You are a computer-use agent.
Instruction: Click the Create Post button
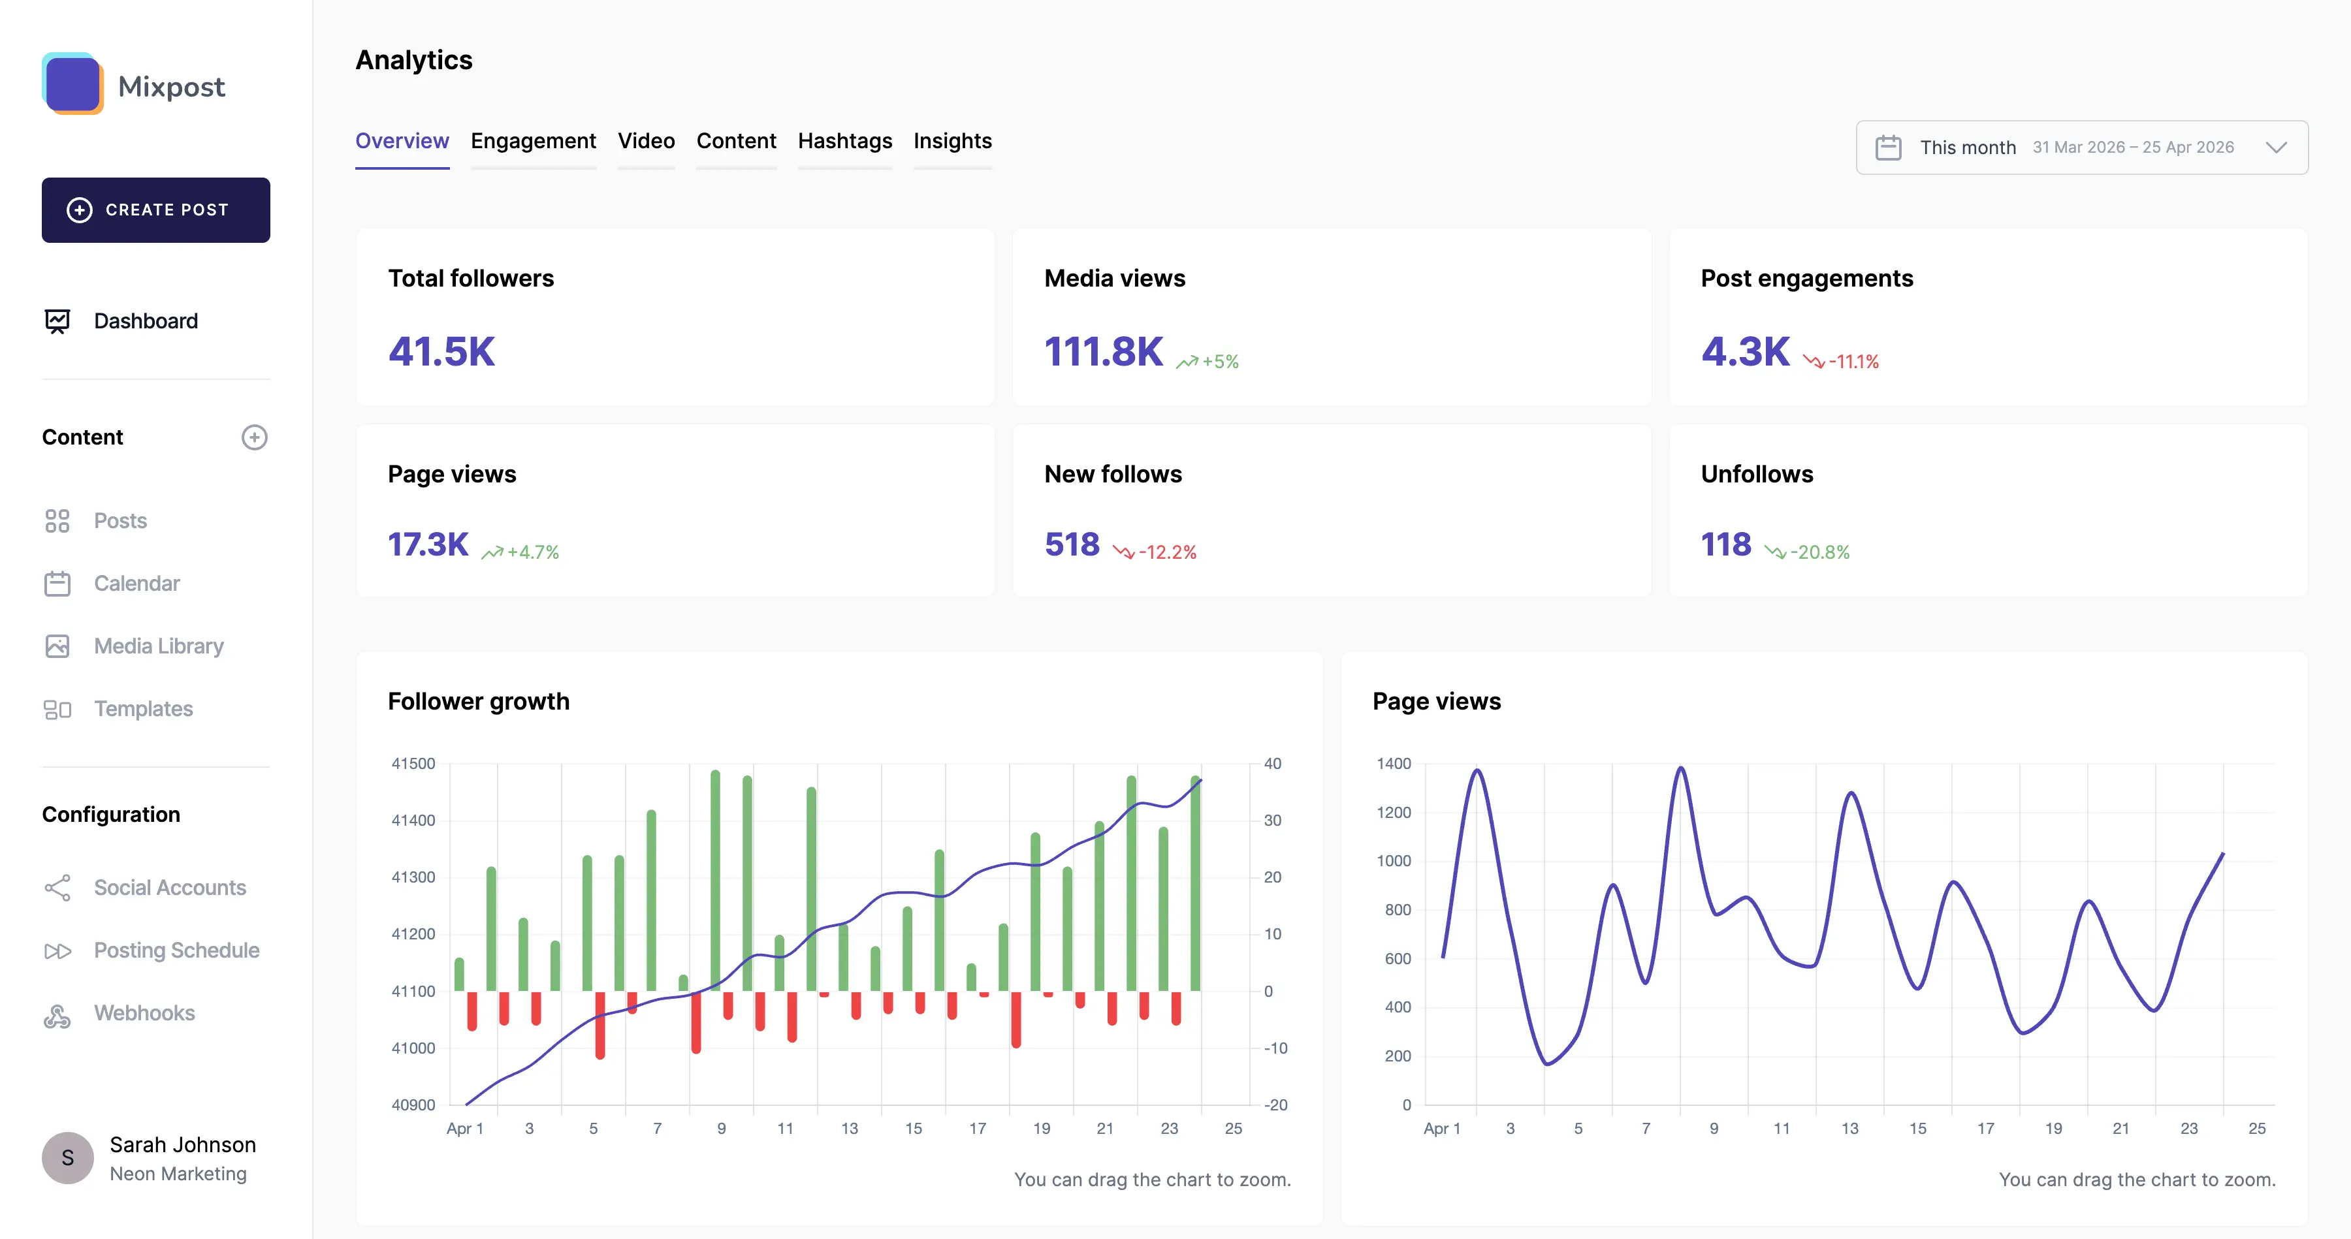tap(155, 210)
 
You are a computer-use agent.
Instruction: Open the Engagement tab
tap(533, 142)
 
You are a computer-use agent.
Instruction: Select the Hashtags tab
tap(844, 142)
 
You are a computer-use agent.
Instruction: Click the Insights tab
tap(952, 142)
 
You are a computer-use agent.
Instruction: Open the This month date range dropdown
tap(2081, 148)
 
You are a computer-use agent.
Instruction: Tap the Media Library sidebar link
tap(158, 646)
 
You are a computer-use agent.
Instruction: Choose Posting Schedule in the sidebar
tap(176, 950)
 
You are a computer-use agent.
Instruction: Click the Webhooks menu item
tap(144, 1012)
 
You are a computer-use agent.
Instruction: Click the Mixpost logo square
tap(72, 84)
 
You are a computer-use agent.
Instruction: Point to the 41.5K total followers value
tap(441, 352)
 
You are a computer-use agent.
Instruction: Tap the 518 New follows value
tap(1072, 544)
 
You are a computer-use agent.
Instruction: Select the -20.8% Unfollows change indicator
tap(1818, 552)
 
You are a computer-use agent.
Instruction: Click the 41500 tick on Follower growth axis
tap(413, 764)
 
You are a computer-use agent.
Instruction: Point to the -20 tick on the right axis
tap(1275, 1105)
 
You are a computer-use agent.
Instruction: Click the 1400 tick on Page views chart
tap(1393, 764)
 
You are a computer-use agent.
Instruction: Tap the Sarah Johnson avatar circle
tap(67, 1158)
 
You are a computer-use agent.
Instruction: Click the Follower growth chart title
tap(478, 702)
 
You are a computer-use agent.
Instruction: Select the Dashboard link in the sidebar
tap(145, 321)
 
